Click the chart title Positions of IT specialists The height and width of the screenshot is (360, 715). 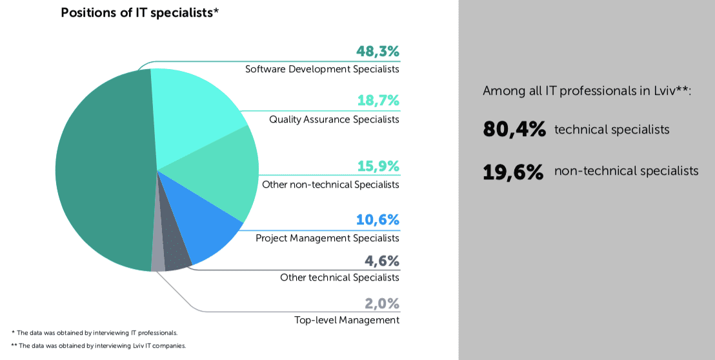[x=139, y=13]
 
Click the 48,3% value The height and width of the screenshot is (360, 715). [x=378, y=52]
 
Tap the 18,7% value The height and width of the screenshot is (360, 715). [x=378, y=101]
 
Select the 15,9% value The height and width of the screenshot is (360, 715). [x=378, y=166]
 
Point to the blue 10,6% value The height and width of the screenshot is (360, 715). [x=378, y=221]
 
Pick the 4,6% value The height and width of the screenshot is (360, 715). [x=381, y=261]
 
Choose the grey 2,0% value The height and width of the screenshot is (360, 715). [x=381, y=304]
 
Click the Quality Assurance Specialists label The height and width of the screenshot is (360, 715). [x=334, y=119]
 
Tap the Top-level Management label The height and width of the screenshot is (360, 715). [x=347, y=320]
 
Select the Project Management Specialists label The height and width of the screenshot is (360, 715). [x=327, y=238]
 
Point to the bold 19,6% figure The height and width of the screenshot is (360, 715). [x=513, y=172]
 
